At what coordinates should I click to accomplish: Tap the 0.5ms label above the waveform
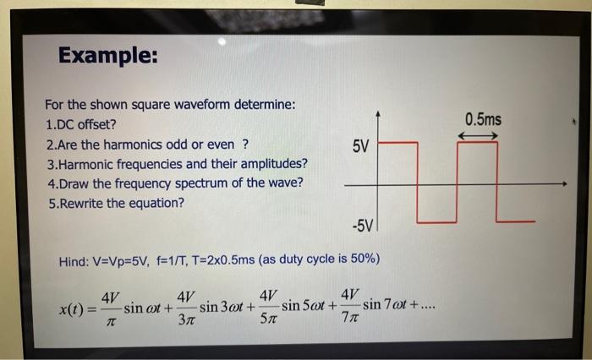pyautogui.click(x=483, y=119)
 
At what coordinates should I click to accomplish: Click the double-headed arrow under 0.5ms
pyautogui.click(x=479, y=135)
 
